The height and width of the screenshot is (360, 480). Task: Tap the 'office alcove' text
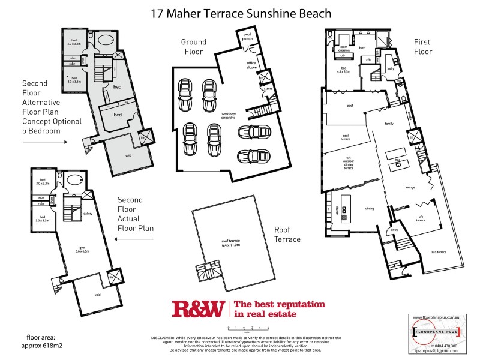point(252,65)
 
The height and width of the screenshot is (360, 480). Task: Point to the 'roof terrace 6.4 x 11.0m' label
point(230,243)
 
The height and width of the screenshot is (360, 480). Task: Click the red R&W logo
point(198,308)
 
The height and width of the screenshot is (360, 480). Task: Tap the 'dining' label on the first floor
point(370,209)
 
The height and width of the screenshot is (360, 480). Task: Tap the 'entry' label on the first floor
point(394,230)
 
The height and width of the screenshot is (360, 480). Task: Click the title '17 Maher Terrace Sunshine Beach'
point(240,13)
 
